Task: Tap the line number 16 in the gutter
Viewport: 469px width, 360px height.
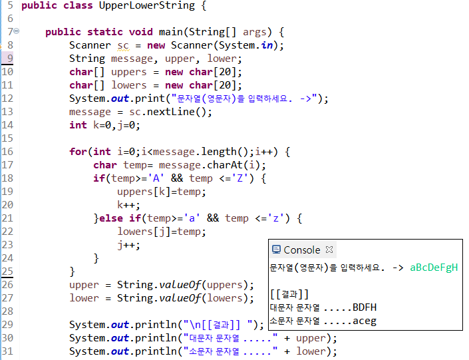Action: pos(7,152)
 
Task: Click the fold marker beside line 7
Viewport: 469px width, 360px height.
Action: pos(16,31)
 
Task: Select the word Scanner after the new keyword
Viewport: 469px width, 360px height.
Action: pos(192,45)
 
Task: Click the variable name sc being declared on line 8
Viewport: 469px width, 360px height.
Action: pos(123,45)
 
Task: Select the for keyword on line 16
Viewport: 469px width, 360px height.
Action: pos(78,152)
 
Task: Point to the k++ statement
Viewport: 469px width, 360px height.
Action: pos(128,205)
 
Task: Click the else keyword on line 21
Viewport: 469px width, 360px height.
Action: pos(110,218)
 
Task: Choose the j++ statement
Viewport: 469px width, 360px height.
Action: pos(128,245)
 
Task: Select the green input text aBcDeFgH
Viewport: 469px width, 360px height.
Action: pos(434,268)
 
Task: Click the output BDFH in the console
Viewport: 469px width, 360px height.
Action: pos(365,307)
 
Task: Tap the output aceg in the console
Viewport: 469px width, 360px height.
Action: pos(365,321)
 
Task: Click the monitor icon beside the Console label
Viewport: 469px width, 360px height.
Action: pos(276,250)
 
